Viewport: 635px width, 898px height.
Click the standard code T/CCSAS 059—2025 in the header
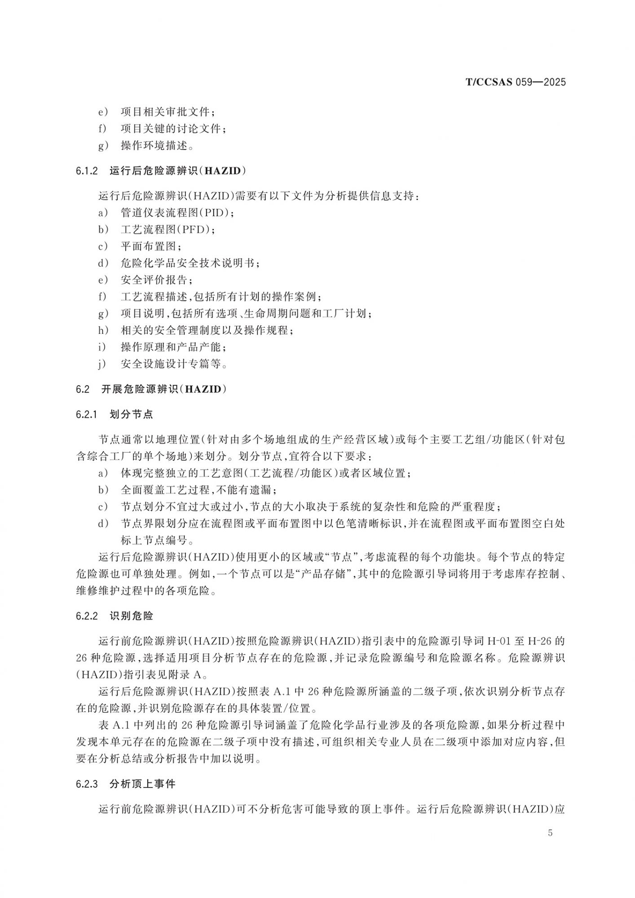pos(516,82)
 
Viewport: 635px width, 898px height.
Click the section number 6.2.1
pos(87,414)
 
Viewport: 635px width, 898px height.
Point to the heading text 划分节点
pos(131,414)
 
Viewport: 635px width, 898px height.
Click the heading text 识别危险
pos(131,616)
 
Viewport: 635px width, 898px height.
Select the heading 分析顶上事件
pos(142,784)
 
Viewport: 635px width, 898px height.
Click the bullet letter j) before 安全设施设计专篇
pos(102,364)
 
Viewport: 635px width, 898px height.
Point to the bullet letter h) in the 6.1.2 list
pos(103,330)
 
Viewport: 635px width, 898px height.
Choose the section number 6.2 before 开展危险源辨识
pos(83,389)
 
